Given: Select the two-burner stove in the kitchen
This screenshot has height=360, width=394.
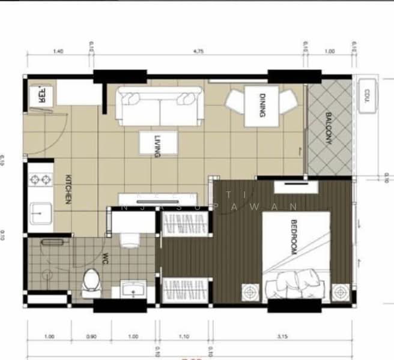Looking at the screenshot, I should [x=39, y=179].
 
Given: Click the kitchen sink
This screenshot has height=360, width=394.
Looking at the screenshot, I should [x=39, y=212].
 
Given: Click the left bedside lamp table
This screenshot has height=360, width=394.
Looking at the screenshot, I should [x=250, y=292].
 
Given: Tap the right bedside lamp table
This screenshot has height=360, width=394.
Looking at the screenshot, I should [x=341, y=292].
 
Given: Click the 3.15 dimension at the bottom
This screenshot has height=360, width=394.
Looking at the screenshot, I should [x=280, y=337].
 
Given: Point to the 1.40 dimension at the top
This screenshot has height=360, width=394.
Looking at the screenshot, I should [x=58, y=52].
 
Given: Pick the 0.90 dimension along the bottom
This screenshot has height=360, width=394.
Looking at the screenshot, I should [x=91, y=337].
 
